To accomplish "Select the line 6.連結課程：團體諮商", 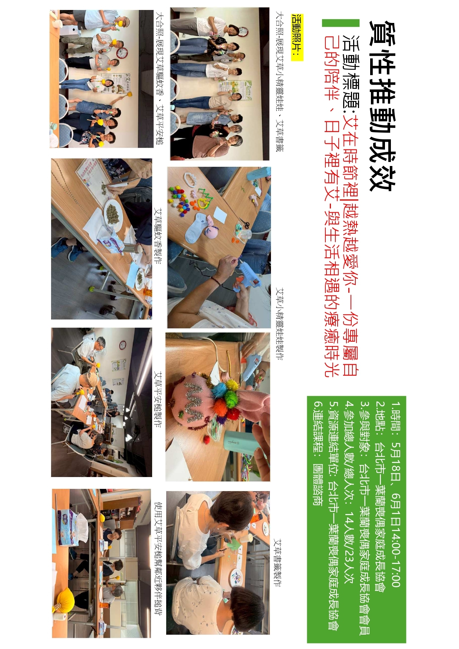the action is coord(318,453).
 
